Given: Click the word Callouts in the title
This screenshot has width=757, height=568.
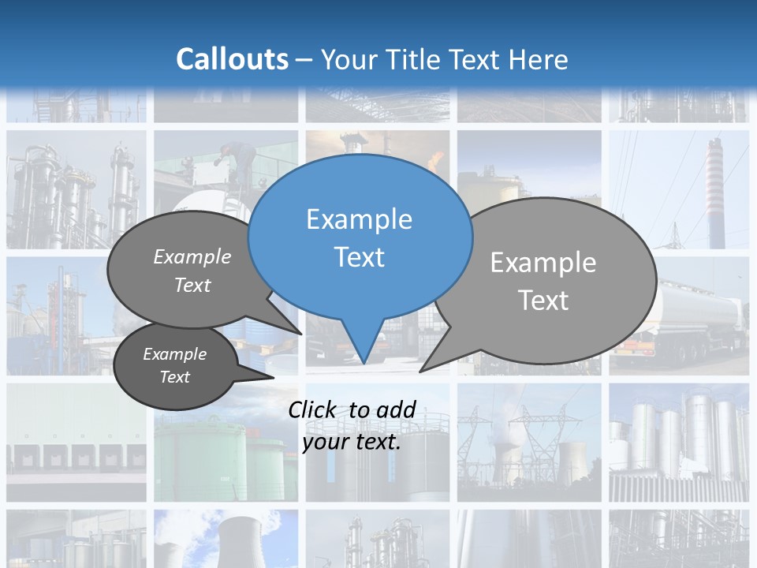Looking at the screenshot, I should click(232, 60).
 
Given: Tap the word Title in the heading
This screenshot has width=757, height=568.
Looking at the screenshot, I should click(417, 60).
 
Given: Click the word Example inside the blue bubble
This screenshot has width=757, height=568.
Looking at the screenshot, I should click(360, 219).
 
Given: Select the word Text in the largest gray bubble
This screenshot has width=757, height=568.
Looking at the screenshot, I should click(543, 301).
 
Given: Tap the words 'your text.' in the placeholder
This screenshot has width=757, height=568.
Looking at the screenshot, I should click(352, 442).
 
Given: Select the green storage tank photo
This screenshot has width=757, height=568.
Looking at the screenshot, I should click(221, 458).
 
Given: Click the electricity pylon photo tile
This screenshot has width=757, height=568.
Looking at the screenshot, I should click(528, 442).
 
